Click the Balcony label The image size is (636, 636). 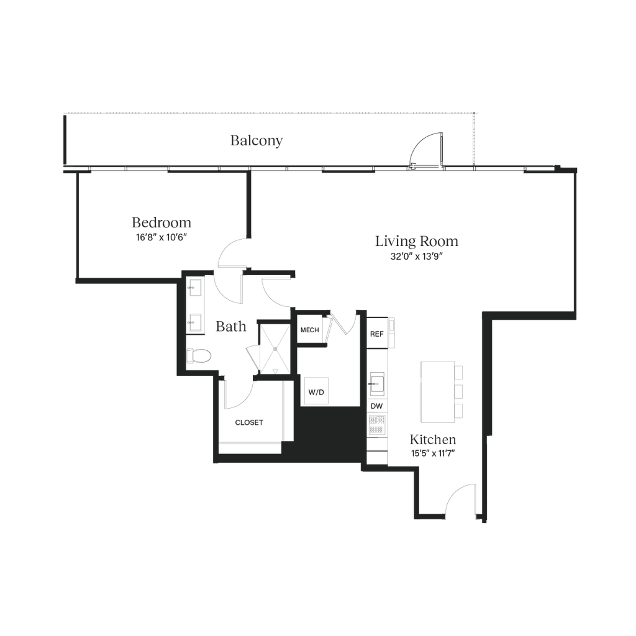click(257, 141)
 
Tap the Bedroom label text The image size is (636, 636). click(161, 222)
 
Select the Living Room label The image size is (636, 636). click(417, 242)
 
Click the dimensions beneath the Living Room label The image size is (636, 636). click(417, 256)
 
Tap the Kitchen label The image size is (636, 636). click(433, 440)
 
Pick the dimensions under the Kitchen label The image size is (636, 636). click(433, 453)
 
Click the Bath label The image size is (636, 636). click(232, 325)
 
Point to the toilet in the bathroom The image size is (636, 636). click(200, 355)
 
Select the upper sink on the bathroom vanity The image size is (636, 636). click(194, 287)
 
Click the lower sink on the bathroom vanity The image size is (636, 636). click(194, 322)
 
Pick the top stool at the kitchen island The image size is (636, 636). click(460, 371)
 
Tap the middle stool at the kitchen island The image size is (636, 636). click(460, 391)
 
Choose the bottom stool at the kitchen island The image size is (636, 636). click(460, 411)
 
